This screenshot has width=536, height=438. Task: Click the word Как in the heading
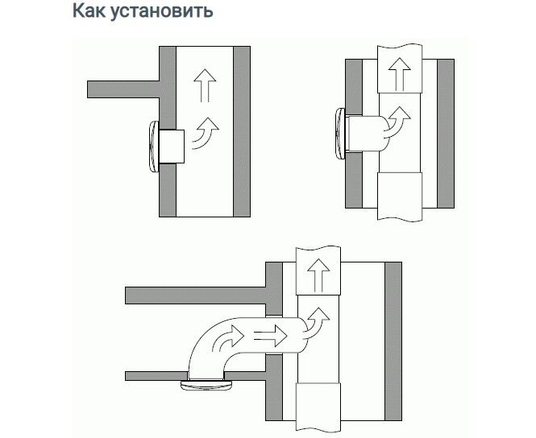[x=92, y=12]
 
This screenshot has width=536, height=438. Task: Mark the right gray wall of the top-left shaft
[x=239, y=129]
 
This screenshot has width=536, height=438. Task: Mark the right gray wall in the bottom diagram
[x=393, y=342]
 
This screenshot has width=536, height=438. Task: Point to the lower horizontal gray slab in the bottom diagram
[x=153, y=375]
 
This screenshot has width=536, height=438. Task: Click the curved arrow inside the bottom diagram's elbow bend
[x=222, y=338]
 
